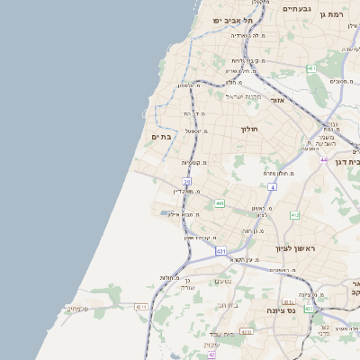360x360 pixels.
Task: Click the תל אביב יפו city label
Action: click(x=230, y=20)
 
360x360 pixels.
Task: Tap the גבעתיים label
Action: click(x=296, y=8)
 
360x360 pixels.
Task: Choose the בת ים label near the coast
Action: click(x=161, y=137)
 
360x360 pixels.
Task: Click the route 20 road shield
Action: click(x=187, y=182)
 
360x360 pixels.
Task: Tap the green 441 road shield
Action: click(x=220, y=203)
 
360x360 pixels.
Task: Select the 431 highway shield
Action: click(x=220, y=252)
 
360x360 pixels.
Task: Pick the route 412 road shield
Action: click(x=294, y=215)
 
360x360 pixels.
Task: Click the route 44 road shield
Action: click(x=324, y=159)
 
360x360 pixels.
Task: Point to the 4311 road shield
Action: click(x=141, y=307)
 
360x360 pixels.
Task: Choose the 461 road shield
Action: click(x=311, y=68)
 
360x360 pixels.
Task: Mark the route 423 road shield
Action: click(x=310, y=309)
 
